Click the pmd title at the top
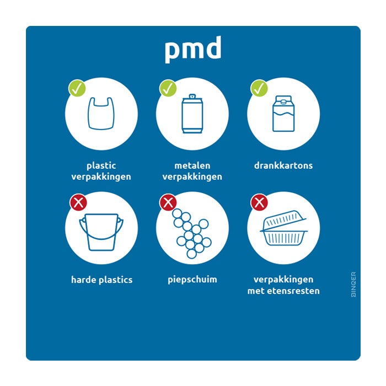point(192,50)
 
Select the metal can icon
point(192,115)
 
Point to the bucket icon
point(101,232)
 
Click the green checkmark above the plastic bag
point(77,88)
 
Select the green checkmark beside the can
point(168,88)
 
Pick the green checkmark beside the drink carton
point(259,88)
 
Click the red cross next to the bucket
point(78,202)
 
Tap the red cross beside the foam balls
point(168,202)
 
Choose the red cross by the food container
point(259,202)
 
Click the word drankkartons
point(283,165)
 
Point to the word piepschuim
point(192,280)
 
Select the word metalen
point(192,165)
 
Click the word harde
point(83,280)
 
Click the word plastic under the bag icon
point(101,165)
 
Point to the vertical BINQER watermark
point(353,284)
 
